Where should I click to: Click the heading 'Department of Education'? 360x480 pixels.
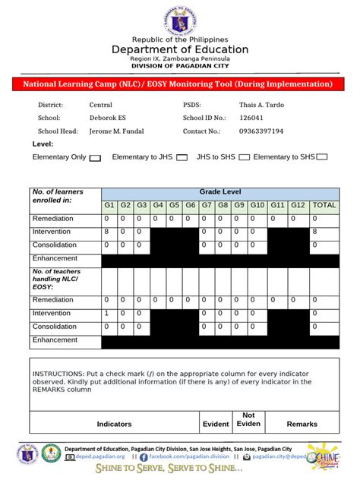click(180, 49)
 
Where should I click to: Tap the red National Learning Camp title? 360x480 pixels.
click(179, 84)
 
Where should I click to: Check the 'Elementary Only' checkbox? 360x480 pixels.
click(95, 158)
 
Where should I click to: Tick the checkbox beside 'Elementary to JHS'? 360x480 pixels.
click(182, 158)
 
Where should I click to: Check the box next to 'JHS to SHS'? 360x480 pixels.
click(244, 158)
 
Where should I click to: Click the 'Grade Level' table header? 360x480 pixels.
click(219, 192)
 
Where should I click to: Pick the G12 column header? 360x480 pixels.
click(298, 205)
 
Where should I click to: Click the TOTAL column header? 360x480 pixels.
click(324, 205)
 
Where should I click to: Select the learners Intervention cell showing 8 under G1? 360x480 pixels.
click(109, 232)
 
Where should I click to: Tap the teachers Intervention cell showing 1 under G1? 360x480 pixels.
click(109, 313)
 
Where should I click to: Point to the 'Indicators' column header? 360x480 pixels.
click(114, 424)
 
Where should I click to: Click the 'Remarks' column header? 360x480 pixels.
click(302, 424)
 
